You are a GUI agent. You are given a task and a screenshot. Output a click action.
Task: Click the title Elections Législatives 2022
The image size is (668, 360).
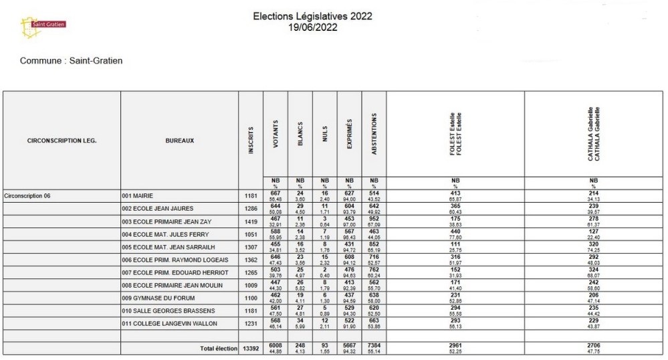tap(312, 16)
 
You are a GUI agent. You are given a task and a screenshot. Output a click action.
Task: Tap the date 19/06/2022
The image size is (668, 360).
tap(312, 27)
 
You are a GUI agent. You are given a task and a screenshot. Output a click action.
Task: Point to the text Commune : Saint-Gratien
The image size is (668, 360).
tap(71, 61)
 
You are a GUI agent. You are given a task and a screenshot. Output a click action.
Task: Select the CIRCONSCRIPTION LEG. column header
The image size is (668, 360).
tap(62, 141)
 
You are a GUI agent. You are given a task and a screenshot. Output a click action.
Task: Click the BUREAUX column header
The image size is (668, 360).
tap(179, 141)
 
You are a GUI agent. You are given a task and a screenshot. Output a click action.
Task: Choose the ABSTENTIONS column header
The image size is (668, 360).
tap(374, 137)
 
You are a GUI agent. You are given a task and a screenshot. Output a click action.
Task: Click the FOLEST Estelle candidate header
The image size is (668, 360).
tap(455, 134)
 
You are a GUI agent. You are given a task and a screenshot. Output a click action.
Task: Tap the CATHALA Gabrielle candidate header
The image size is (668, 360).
tap(593, 133)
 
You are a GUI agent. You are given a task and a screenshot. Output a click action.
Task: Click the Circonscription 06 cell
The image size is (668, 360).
tap(27, 196)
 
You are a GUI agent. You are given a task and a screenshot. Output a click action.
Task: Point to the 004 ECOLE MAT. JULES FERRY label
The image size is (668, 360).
tap(165, 234)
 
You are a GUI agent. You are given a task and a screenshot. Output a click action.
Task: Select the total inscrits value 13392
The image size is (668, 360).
tap(250, 349)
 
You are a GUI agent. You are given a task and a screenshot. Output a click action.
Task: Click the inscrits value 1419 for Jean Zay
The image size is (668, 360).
tap(250, 221)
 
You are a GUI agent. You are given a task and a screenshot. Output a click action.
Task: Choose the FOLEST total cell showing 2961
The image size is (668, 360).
tap(455, 346)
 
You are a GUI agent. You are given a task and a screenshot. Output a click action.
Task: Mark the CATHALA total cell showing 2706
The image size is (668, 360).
tap(593, 346)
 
